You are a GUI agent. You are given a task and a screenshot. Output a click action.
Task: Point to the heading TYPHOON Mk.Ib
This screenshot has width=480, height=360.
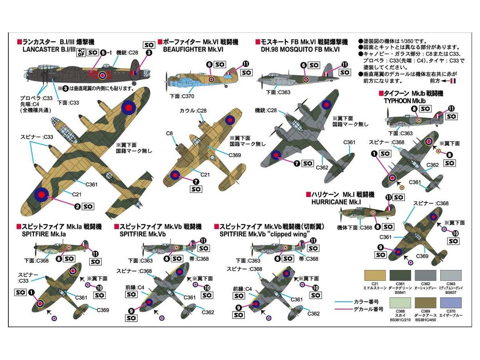tap(408, 100)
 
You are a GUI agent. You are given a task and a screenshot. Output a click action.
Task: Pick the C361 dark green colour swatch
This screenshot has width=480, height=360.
tap(400, 276)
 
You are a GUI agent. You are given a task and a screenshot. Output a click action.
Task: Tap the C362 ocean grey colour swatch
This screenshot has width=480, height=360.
tap(426, 276)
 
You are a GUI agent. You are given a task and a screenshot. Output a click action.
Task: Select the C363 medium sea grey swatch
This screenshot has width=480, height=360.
tap(451, 276)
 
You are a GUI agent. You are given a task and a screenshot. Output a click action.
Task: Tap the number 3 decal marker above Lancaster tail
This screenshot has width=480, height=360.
tap(149, 52)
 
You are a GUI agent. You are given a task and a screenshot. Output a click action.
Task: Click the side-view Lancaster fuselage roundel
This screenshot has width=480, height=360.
tap(103, 75)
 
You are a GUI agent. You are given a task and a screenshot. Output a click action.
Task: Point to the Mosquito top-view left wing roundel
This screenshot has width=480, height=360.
tap(276, 155)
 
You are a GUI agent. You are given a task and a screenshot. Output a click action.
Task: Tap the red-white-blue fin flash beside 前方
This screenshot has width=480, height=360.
tap(453, 81)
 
